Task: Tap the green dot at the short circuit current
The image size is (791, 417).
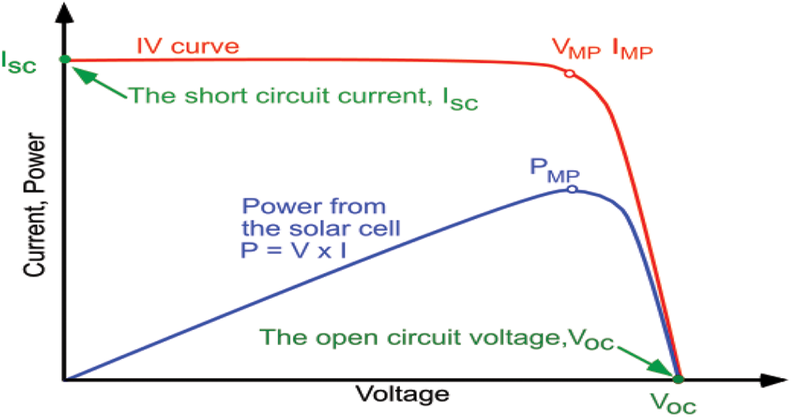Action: click(x=65, y=59)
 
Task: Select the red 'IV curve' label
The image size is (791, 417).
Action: click(x=188, y=46)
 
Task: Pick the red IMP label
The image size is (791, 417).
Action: click(x=631, y=50)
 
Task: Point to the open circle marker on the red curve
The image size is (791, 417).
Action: click(x=569, y=74)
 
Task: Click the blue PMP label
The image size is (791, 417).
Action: click(x=554, y=172)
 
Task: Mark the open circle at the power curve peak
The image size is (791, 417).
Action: click(x=572, y=189)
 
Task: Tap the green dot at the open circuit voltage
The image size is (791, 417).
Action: click(x=678, y=379)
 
